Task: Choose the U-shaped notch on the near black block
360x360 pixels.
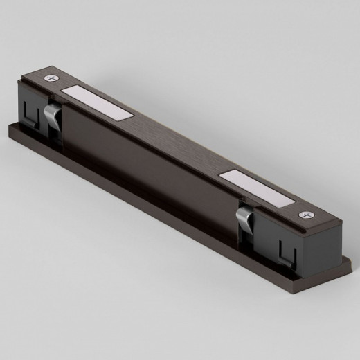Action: (285, 253)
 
